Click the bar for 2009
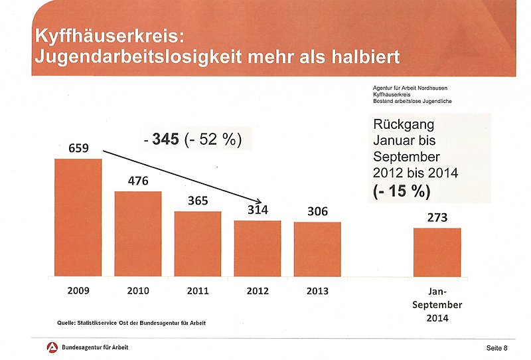coord(78,217)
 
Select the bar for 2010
coord(138,233)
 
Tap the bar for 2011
coord(198,244)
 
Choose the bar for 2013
coord(317,249)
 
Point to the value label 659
coord(78,148)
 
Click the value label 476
coord(138,181)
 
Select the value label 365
coord(198,201)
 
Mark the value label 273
coord(437,217)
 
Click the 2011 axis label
coord(198,290)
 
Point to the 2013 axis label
coord(317,290)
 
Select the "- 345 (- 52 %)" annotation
coord(192,140)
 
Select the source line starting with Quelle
coord(131,323)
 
